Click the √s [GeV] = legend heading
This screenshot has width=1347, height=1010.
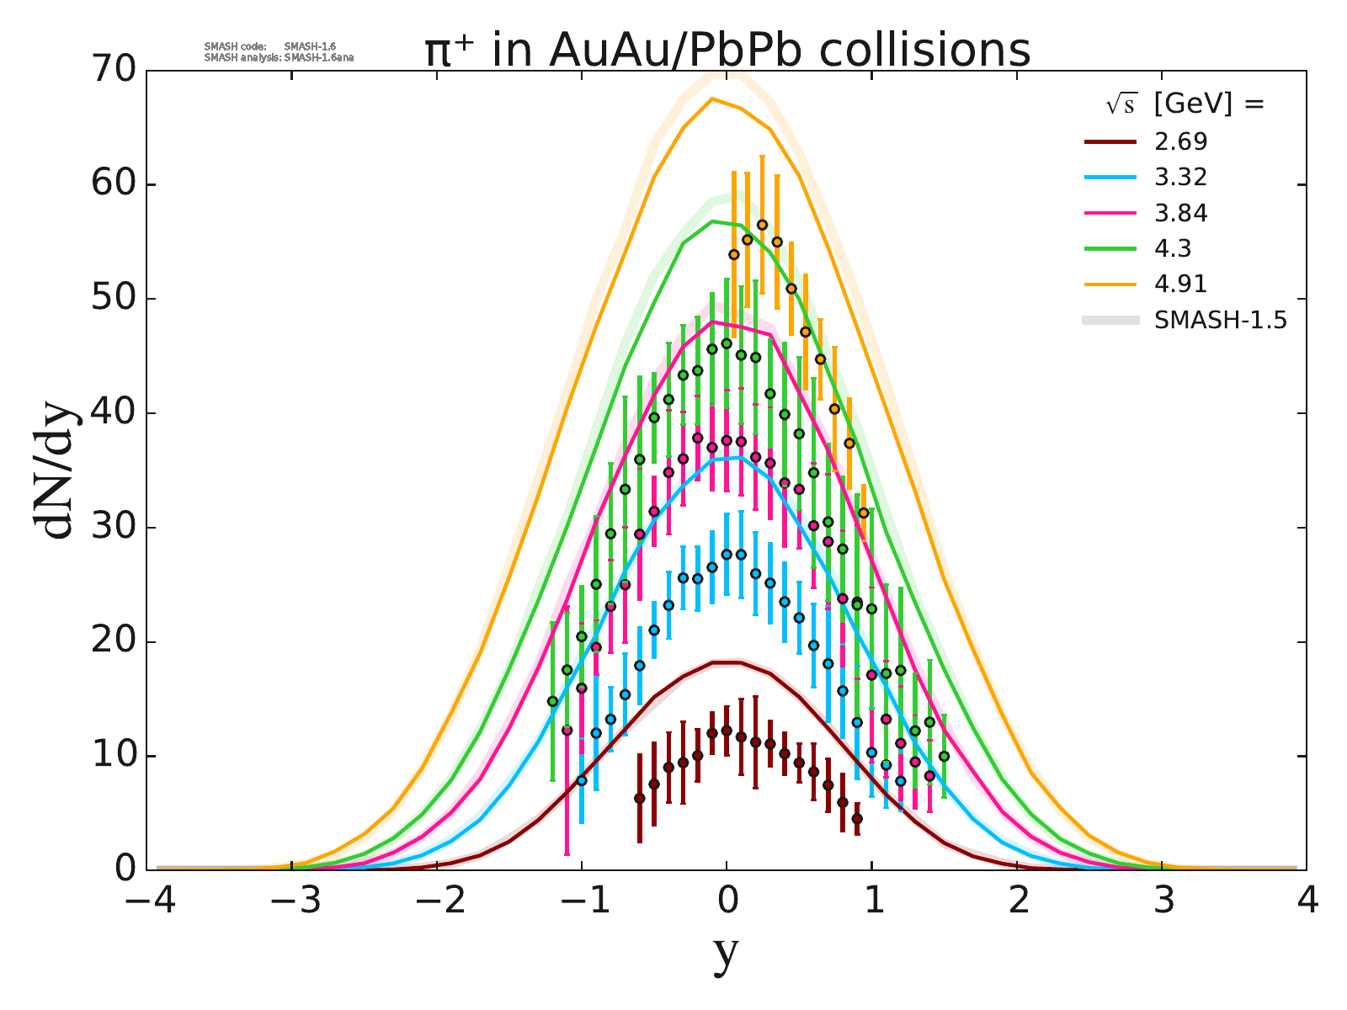1185,104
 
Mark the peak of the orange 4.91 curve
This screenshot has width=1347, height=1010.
712,99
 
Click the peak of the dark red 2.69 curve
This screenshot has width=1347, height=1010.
727,662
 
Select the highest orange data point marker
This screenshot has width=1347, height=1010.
762,225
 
